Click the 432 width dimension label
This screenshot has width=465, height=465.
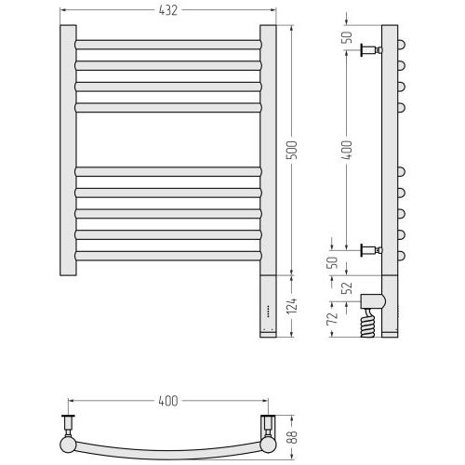(x=167, y=10)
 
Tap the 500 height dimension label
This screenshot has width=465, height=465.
(x=292, y=150)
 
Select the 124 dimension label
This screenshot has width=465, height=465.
(x=292, y=306)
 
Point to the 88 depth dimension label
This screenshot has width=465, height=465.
(x=293, y=437)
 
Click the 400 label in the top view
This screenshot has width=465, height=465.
(x=168, y=401)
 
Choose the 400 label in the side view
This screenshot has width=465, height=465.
(x=347, y=151)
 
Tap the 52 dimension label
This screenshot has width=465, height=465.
(x=349, y=288)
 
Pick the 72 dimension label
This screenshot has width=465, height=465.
(x=332, y=318)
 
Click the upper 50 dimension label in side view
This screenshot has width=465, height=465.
(x=348, y=37)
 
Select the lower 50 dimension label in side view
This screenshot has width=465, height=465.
(x=332, y=262)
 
